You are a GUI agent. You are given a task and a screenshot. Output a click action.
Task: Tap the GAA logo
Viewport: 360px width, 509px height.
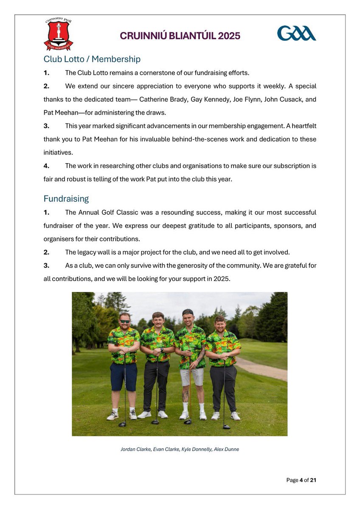click(296, 33)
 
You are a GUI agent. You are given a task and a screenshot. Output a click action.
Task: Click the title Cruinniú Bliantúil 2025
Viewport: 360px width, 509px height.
click(180, 36)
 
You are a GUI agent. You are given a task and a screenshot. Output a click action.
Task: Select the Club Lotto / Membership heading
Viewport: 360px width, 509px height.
click(92, 59)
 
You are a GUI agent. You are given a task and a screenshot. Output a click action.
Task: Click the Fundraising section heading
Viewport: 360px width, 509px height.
click(66, 199)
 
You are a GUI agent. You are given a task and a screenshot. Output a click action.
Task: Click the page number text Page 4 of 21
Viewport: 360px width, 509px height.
click(301, 480)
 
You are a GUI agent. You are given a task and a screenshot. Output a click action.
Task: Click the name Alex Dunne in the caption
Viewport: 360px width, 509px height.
click(228, 449)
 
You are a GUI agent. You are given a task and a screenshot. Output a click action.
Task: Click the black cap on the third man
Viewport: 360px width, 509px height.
click(188, 312)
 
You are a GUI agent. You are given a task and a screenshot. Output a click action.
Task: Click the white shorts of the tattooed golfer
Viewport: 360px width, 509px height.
click(191, 376)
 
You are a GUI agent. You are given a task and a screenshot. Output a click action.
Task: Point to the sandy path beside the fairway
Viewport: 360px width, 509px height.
click(263, 368)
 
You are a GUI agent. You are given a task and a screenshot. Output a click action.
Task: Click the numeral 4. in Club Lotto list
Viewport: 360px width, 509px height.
click(47, 166)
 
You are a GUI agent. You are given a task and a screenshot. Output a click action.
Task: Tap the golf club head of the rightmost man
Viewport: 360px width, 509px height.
click(226, 427)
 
